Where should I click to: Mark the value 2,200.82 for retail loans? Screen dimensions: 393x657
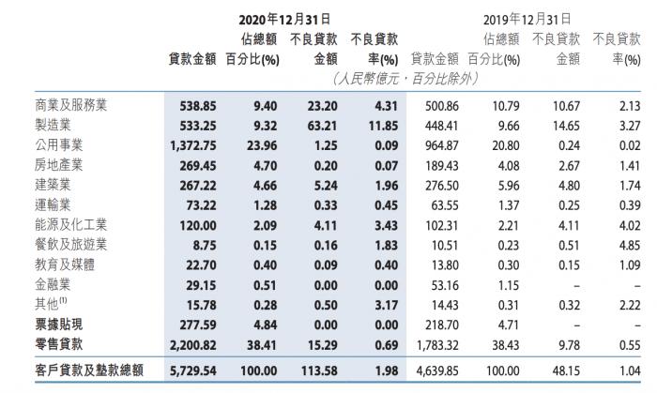(191, 346)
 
